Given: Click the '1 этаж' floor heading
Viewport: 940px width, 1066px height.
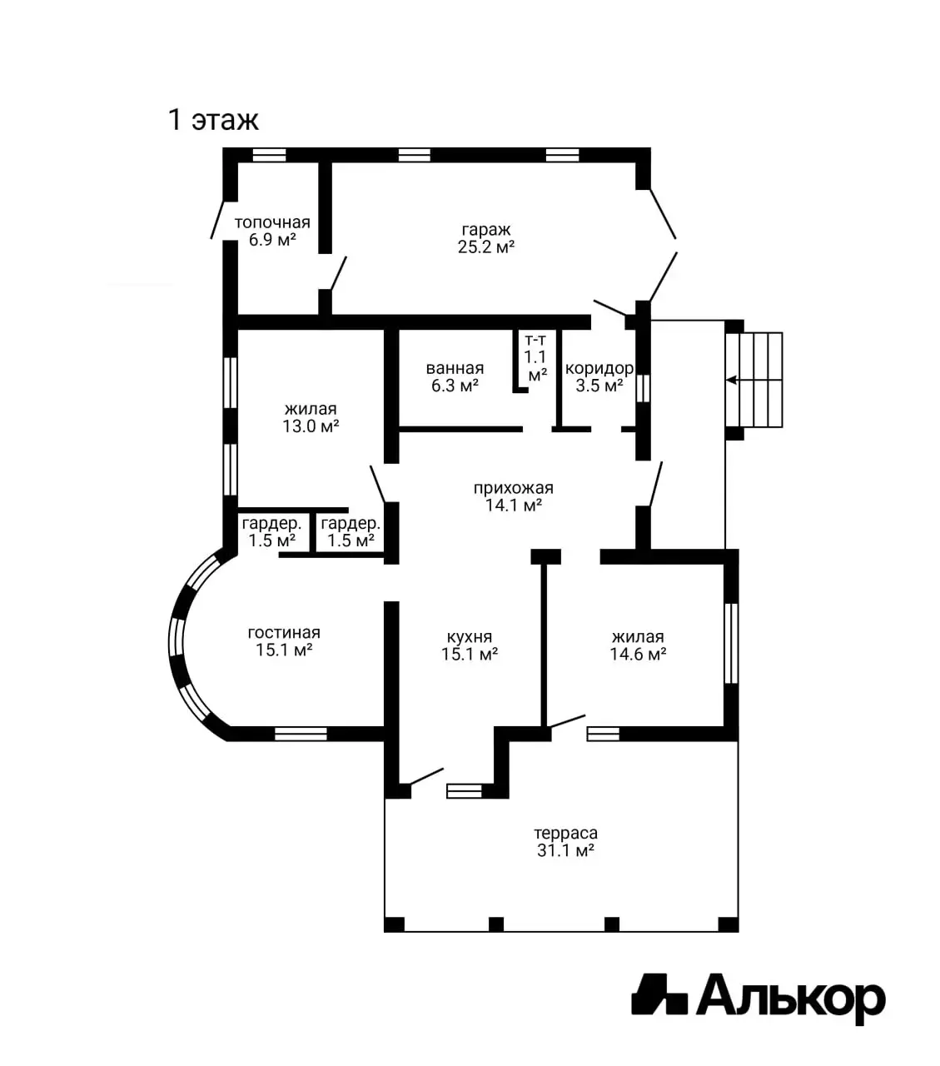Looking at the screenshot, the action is click(213, 120).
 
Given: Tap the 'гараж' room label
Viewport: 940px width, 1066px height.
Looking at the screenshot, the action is click(485, 229).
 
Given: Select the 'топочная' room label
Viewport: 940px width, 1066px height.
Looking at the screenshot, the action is click(272, 222).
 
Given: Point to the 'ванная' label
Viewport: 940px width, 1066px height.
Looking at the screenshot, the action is click(455, 368).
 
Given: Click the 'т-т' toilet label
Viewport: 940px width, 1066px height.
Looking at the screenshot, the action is click(535, 340).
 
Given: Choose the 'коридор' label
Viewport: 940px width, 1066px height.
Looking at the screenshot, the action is click(599, 368).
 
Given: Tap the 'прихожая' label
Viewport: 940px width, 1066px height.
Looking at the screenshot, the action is click(514, 488).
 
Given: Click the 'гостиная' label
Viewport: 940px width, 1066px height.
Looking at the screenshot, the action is click(284, 632).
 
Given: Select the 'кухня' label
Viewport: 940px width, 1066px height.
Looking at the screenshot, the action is click(470, 636).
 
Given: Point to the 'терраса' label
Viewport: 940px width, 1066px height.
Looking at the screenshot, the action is click(566, 833).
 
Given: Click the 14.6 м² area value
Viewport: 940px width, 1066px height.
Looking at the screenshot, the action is click(638, 654).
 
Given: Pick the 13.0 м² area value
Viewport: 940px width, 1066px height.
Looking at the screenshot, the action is click(311, 426).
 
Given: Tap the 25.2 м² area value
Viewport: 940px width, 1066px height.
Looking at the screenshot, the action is click(485, 247).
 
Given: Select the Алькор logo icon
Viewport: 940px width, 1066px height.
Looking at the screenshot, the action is click(659, 994).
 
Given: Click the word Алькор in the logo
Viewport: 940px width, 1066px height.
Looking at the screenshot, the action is click(791, 997).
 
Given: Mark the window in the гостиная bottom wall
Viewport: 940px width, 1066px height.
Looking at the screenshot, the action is click(301, 734).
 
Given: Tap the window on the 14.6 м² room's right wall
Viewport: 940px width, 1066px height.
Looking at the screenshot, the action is click(731, 643).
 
